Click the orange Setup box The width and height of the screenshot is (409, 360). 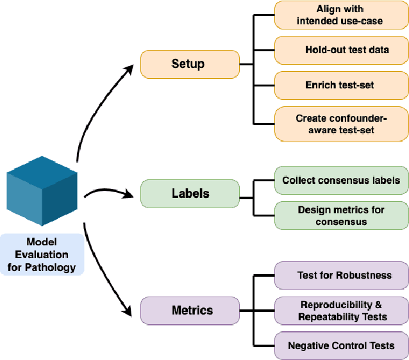(188, 63)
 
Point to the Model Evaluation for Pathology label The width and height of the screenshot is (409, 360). (42, 254)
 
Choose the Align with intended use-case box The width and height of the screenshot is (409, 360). (341, 15)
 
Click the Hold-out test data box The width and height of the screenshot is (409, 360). (341, 49)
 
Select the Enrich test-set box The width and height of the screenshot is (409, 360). (341, 85)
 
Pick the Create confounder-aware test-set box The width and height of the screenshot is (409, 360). (341, 124)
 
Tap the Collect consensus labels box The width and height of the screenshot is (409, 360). (341, 180)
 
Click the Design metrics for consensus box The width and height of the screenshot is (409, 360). (341, 215)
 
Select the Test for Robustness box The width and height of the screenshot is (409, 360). (341, 275)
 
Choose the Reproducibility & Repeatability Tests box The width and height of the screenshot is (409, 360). (341, 311)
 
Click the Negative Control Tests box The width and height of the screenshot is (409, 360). (341, 345)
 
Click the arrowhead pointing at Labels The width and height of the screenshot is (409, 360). (133, 193)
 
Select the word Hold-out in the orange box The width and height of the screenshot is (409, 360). (322, 49)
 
